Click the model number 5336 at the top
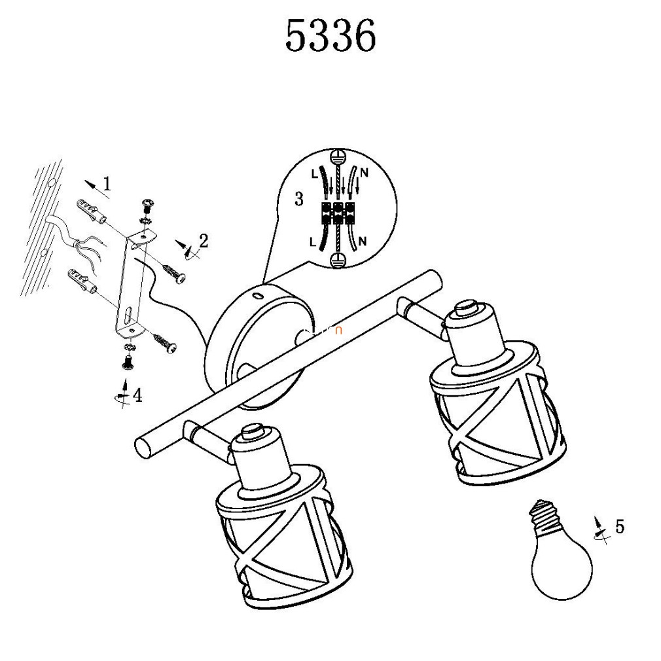[330, 36]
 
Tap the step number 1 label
[107, 183]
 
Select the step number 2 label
[204, 241]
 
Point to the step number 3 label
[299, 198]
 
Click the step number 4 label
[137, 395]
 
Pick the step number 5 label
[620, 527]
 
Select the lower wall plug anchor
[82, 280]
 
